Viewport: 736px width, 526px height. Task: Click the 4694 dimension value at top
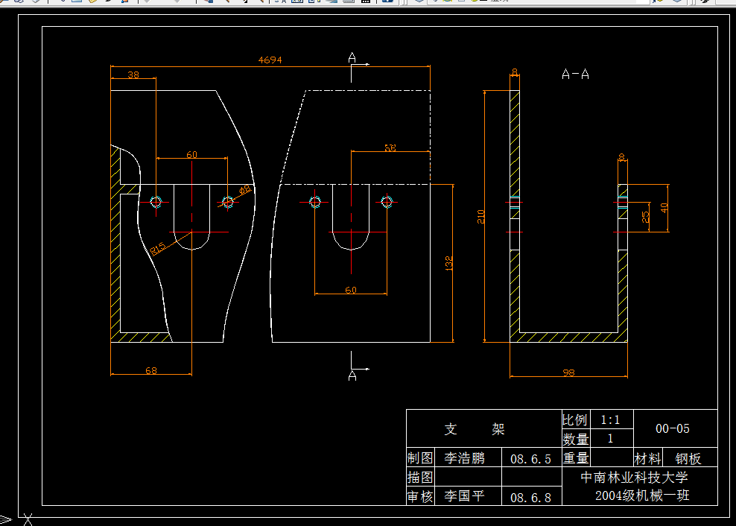click(x=270, y=60)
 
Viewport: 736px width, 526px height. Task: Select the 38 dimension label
click(x=133, y=75)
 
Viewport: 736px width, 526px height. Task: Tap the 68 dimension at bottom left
click(x=151, y=370)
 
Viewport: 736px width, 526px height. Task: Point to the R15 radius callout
click(x=158, y=247)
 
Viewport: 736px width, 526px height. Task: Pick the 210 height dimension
click(x=481, y=217)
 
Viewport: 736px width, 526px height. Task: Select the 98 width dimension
click(x=568, y=373)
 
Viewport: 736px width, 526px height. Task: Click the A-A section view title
click(x=575, y=75)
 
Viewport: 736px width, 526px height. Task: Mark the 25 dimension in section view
click(x=646, y=217)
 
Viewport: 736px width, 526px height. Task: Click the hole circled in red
click(x=315, y=201)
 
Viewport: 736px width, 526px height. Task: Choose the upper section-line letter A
click(x=352, y=57)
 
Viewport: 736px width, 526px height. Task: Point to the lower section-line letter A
click(x=352, y=376)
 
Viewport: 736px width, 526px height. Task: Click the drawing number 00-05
click(x=672, y=428)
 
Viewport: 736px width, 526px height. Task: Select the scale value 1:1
click(x=610, y=419)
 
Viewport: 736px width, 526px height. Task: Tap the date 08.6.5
click(x=530, y=458)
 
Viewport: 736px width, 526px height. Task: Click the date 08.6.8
click(x=530, y=497)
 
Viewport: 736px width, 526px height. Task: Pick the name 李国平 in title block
click(x=464, y=496)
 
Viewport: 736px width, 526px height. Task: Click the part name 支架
click(x=475, y=429)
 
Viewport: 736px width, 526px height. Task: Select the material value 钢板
click(x=688, y=459)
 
